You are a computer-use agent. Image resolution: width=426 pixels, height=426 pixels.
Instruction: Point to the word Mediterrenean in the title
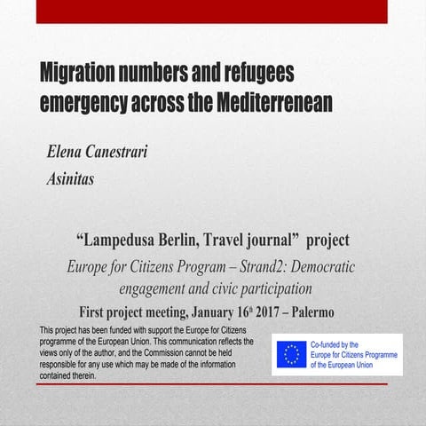point(274,102)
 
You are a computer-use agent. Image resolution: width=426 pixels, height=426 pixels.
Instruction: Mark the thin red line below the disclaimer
point(213,384)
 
